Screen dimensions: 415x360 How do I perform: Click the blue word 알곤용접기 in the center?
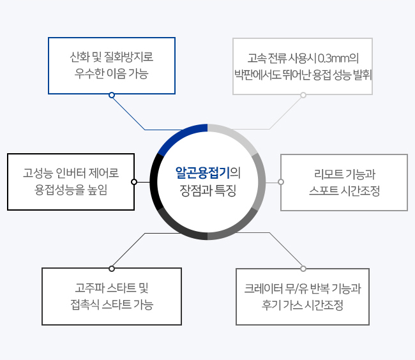[x=202, y=173]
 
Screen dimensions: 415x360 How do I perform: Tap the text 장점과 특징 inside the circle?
[x=207, y=190]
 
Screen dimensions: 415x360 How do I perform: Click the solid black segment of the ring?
[x=154, y=182]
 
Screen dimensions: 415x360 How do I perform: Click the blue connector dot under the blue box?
[x=112, y=95]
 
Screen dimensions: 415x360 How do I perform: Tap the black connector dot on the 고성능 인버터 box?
[x=134, y=182]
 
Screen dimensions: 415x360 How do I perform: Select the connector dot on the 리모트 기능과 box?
[x=281, y=182]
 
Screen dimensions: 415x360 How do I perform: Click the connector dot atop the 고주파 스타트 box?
[x=112, y=269]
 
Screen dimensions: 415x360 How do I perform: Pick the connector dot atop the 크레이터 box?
[x=303, y=269]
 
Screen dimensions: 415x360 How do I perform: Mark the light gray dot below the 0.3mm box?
[x=303, y=95]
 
